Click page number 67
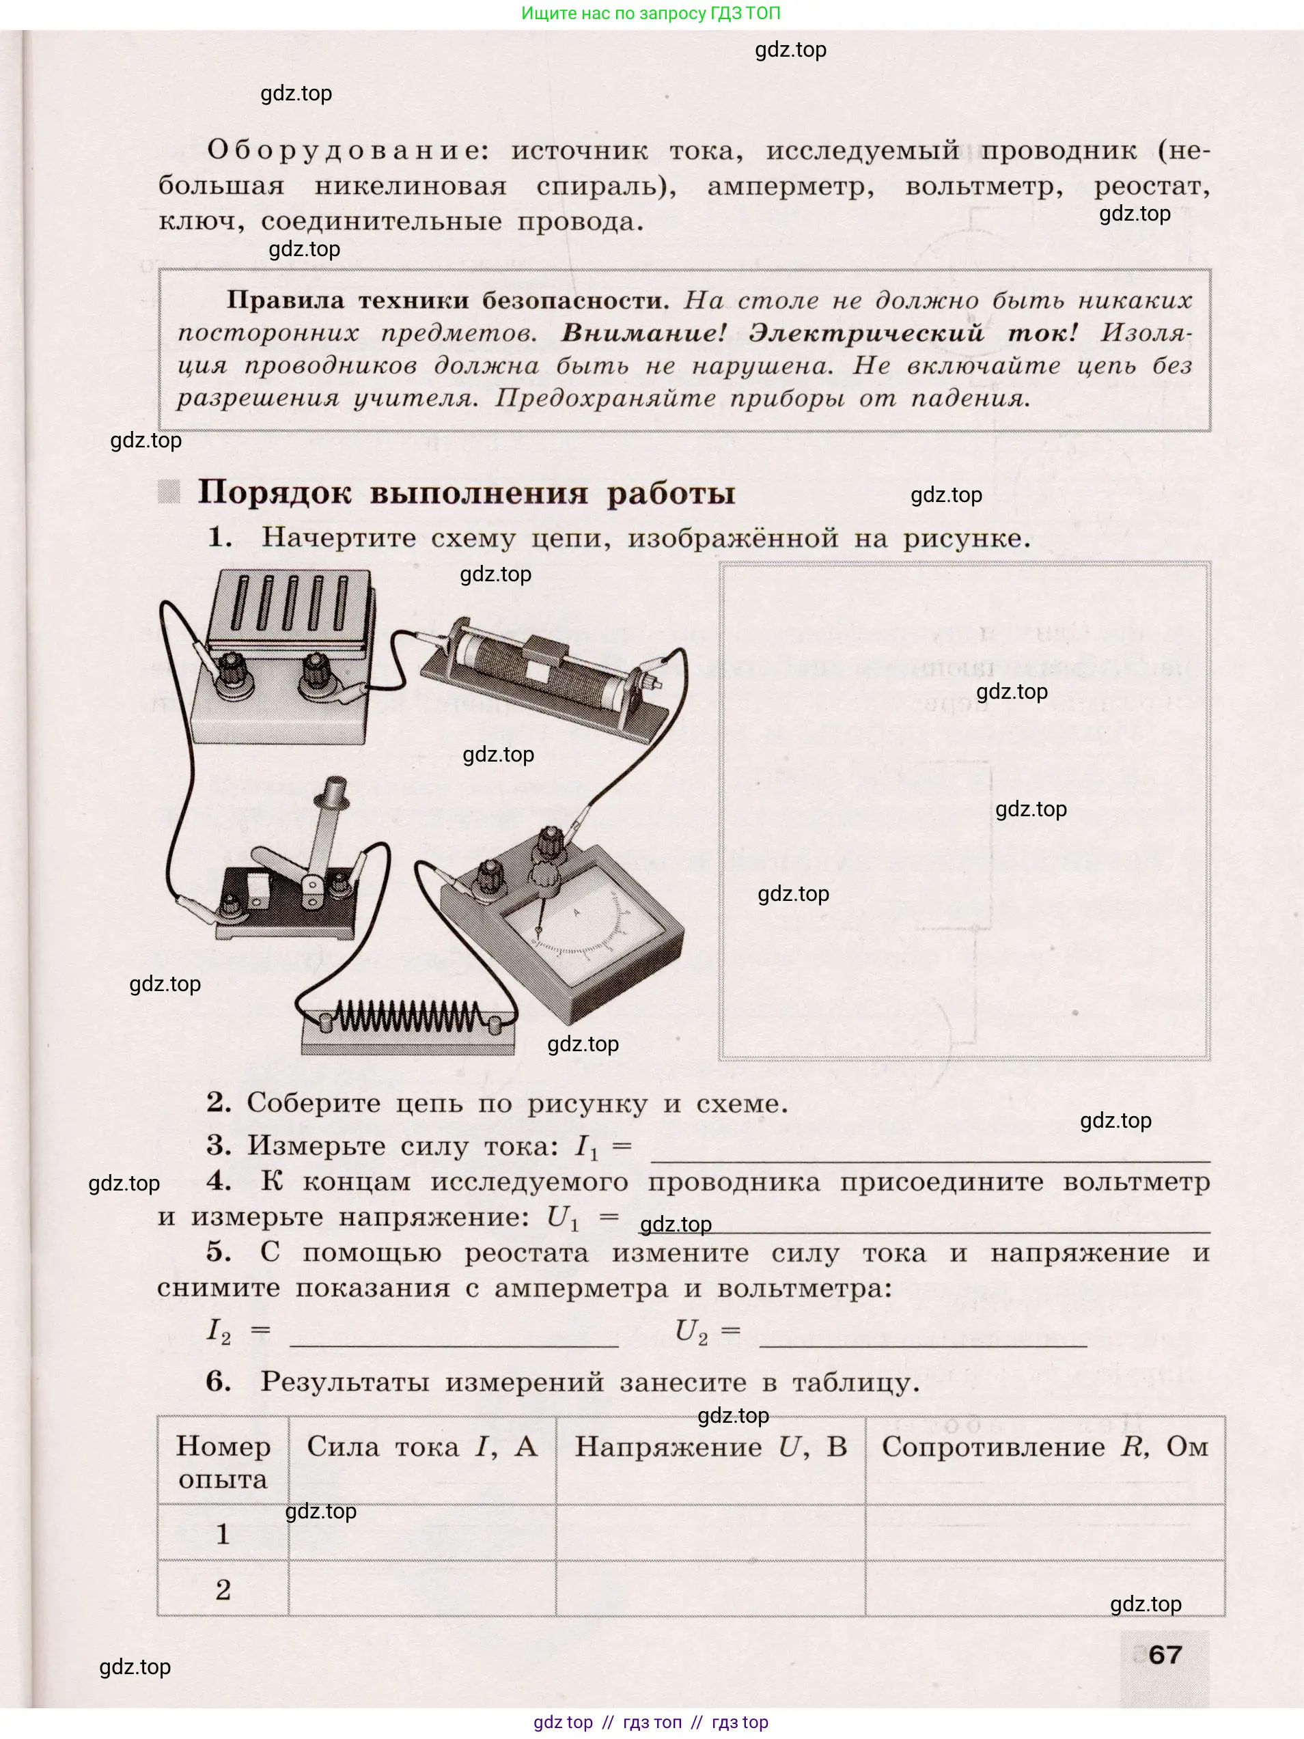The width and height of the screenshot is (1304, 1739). tap(1165, 1655)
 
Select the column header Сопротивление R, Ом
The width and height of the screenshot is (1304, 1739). tap(1044, 1447)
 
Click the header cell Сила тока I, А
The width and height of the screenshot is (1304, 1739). tap(422, 1447)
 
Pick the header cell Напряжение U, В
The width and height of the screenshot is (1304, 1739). tap(710, 1447)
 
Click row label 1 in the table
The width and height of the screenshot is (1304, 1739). tap(223, 1534)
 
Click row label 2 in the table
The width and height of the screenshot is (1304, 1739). tap(223, 1590)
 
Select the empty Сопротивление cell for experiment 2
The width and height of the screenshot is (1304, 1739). tap(1044, 1589)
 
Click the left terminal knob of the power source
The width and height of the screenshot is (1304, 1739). tap(230, 671)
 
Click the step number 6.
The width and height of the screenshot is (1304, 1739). tap(219, 1381)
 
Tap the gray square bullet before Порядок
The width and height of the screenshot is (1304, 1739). tap(169, 492)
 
